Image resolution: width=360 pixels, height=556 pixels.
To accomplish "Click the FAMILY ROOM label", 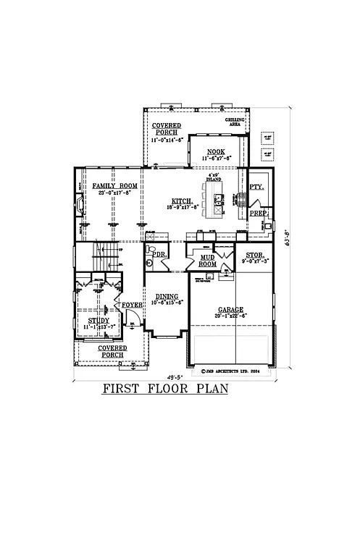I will click(115, 186).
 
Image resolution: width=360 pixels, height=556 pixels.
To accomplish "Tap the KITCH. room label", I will click(182, 201).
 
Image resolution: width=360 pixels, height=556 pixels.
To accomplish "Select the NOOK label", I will click(216, 151).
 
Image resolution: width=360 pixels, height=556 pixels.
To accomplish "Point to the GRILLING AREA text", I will click(236, 122).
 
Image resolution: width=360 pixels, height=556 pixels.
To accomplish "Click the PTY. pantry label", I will click(256, 187).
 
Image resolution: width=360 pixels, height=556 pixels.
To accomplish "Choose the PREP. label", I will click(259, 214).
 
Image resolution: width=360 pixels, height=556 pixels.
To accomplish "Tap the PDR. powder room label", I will click(161, 255).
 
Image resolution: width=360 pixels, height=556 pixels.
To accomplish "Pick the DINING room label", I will click(168, 295).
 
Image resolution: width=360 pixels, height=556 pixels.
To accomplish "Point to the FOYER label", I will click(132, 305).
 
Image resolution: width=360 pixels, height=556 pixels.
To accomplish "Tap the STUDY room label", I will click(99, 319).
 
